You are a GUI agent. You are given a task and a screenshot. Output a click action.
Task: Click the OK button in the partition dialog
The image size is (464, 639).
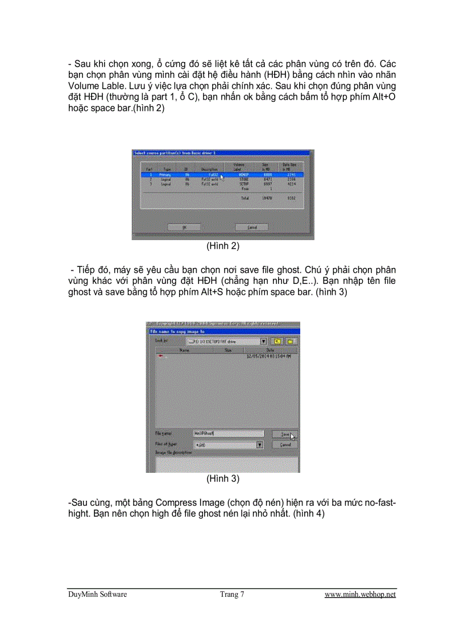tap(185, 227)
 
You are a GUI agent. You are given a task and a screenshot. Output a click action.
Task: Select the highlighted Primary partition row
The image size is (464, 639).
tap(222, 175)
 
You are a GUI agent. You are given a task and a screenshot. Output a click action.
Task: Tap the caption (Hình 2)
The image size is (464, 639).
tap(223, 247)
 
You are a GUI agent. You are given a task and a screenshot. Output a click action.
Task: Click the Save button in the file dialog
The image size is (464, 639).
tap(285, 434)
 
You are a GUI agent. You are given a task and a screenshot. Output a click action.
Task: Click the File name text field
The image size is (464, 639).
tap(227, 434)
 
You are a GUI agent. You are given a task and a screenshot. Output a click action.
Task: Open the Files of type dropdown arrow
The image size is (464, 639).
tap(260, 444)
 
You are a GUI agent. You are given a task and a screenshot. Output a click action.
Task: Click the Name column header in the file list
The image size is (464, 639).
tap(184, 351)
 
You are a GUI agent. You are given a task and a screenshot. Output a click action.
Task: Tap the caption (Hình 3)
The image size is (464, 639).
tap(223, 479)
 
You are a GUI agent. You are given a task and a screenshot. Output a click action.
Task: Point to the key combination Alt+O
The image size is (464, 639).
tap(382, 98)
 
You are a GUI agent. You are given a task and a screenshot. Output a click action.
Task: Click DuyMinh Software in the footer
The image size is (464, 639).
tap(97, 595)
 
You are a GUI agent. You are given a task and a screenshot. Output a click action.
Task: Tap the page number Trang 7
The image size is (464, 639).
tap(232, 595)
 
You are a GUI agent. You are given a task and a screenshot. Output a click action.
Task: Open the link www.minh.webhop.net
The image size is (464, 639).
tap(360, 595)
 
